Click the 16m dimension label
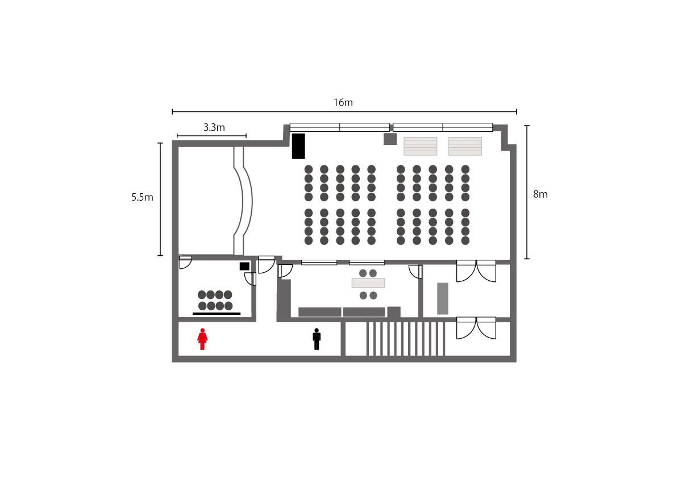pyautogui.click(x=343, y=103)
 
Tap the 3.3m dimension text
pyautogui.click(x=214, y=127)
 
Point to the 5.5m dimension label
pyautogui.click(x=142, y=197)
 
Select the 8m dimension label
pyautogui.click(x=540, y=194)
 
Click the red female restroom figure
pyautogui.click(x=202, y=339)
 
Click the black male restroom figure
pyautogui.click(x=317, y=339)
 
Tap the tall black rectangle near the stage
pyautogui.click(x=298, y=146)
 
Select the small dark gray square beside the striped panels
pyautogui.click(x=390, y=139)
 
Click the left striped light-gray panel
pyautogui.click(x=421, y=146)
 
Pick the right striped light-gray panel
pyautogui.click(x=465, y=146)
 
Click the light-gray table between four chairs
pyautogui.click(x=368, y=283)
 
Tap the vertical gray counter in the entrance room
pyautogui.click(x=443, y=298)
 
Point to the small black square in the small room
pyautogui.click(x=244, y=266)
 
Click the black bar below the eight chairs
pyautogui.click(x=217, y=313)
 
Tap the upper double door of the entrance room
pyautogui.click(x=476, y=271)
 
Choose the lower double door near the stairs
pyautogui.click(x=476, y=328)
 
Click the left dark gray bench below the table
pyautogui.click(x=319, y=312)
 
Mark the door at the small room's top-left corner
pyautogui.click(x=185, y=262)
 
